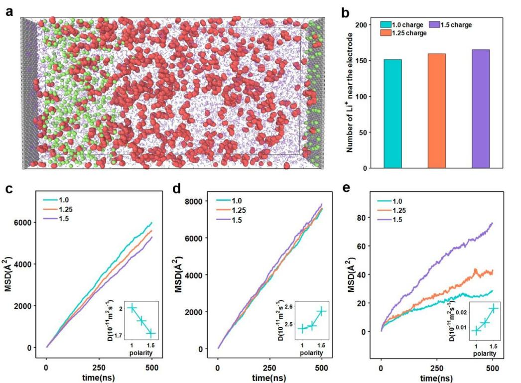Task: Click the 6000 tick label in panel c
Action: point(28,222)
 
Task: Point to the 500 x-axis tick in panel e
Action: point(493,367)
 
